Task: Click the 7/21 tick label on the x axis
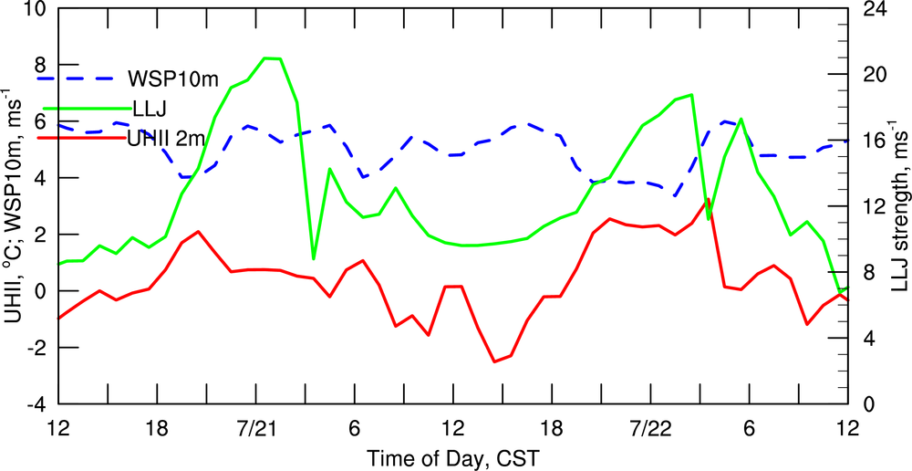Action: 257,429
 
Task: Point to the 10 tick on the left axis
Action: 36,10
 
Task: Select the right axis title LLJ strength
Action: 899,206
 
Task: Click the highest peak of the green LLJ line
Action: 271,58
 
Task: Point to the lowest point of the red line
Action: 494,361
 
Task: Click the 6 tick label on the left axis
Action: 41,122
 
